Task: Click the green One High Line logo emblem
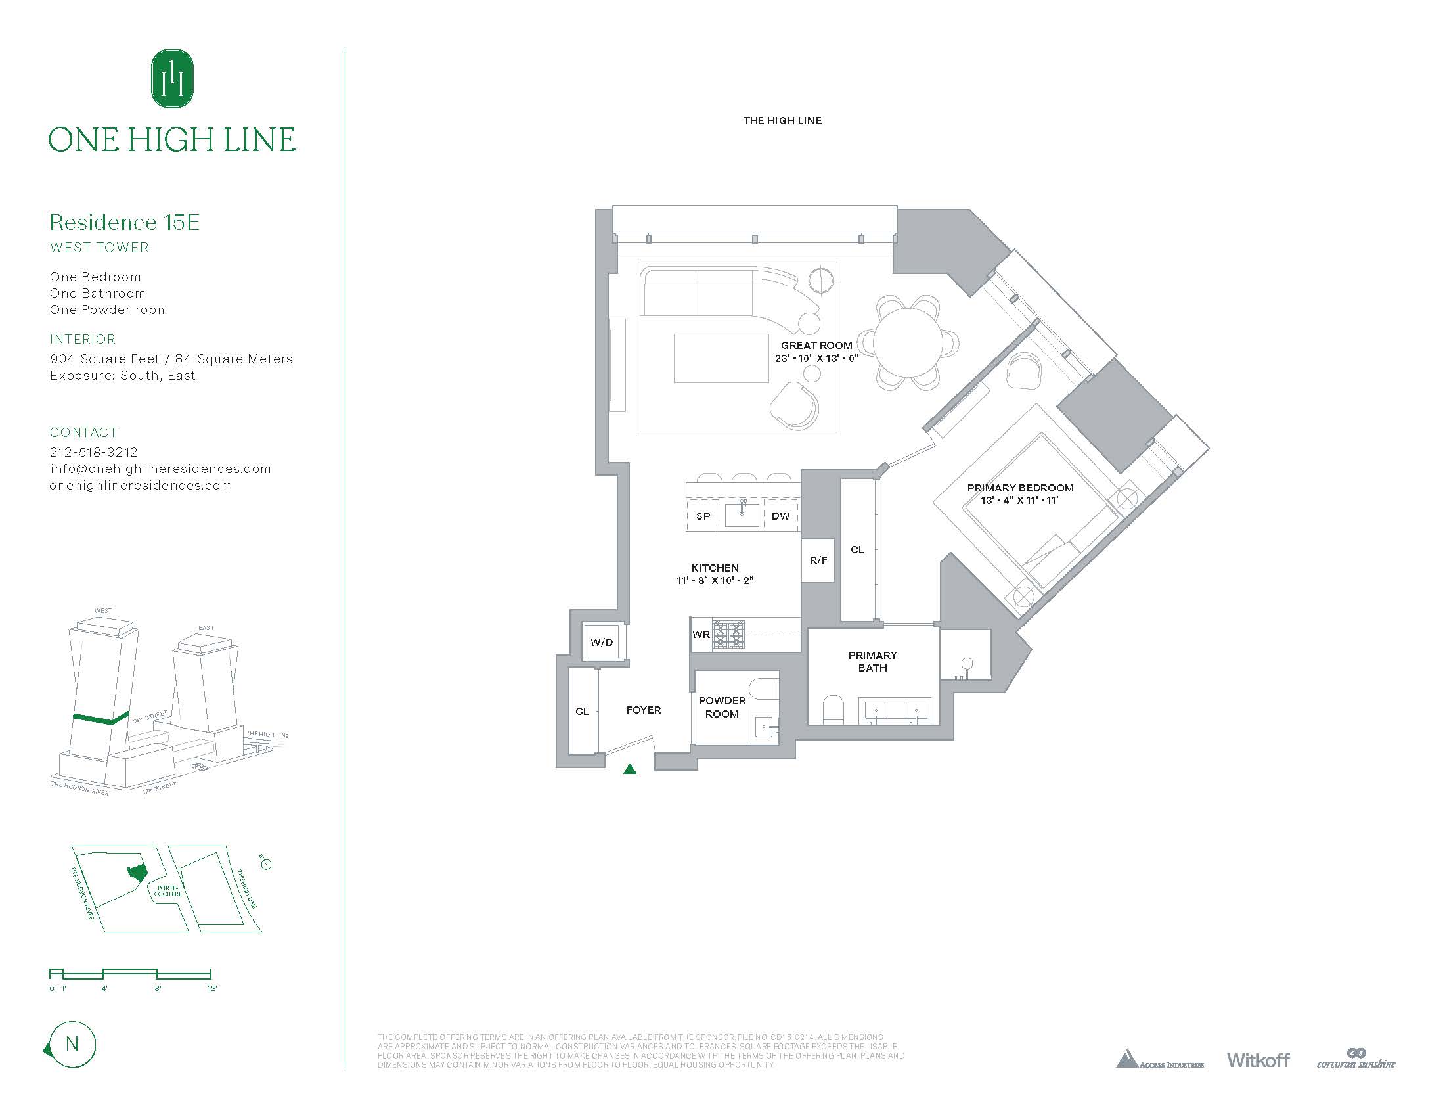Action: pyautogui.click(x=172, y=79)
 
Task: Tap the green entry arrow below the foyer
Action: pyautogui.click(x=630, y=769)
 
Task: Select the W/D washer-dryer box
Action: pyautogui.click(x=602, y=642)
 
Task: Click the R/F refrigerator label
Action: pyautogui.click(x=818, y=560)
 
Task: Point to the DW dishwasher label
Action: pyautogui.click(x=780, y=516)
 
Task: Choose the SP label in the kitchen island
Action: pyautogui.click(x=703, y=516)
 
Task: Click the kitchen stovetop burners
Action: pyautogui.click(x=728, y=635)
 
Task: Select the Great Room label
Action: pyautogui.click(x=816, y=346)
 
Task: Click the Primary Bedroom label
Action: pyautogui.click(x=1019, y=488)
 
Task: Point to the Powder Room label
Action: pyautogui.click(x=722, y=708)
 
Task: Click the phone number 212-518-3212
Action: pyautogui.click(x=94, y=452)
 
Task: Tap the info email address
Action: pyautogui.click(x=160, y=468)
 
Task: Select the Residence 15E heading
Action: pyautogui.click(x=124, y=222)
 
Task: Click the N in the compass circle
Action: pyautogui.click(x=72, y=1044)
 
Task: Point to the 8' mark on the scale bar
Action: pyautogui.click(x=158, y=988)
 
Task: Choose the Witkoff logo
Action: pyautogui.click(x=1258, y=1079)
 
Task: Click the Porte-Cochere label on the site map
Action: pyautogui.click(x=168, y=891)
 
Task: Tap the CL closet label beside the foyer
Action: pyautogui.click(x=581, y=712)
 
